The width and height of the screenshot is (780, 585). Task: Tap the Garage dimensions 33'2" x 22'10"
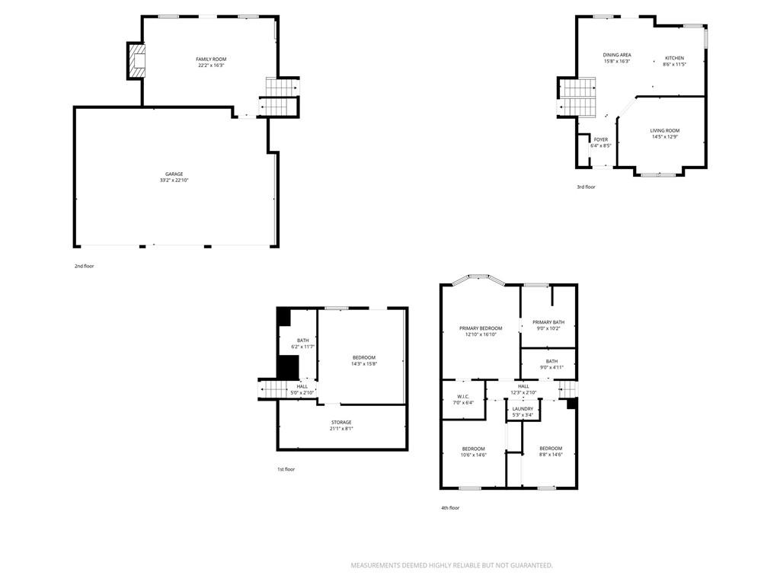click(174, 180)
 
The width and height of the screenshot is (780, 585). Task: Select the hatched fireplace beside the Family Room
click(136, 61)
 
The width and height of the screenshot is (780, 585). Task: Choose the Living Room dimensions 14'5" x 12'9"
click(664, 136)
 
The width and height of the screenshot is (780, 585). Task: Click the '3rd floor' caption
click(586, 187)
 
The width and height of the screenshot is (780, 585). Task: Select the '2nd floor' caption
click(84, 266)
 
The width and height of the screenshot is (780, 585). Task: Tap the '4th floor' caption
click(450, 508)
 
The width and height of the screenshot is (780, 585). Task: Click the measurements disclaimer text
click(452, 566)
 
